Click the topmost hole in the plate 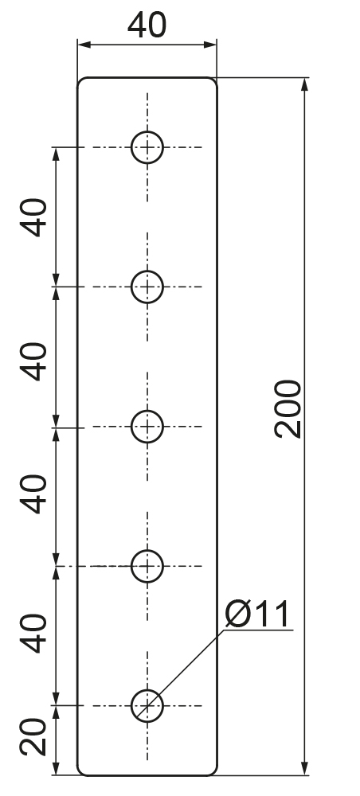pyautogui.click(x=147, y=131)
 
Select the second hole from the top pyautogui.click(x=147, y=271)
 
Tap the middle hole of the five pyautogui.click(x=147, y=411)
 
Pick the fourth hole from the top pyautogui.click(x=147, y=550)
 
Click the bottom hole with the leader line pyautogui.click(x=147, y=690)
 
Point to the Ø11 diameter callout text pyautogui.click(x=257, y=614)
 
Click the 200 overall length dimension pyautogui.click(x=288, y=409)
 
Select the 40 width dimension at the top pyautogui.click(x=147, y=25)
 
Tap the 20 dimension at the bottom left pyautogui.click(x=33, y=737)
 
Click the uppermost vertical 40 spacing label pyautogui.click(x=33, y=217)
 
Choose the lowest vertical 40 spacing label pyautogui.click(x=33, y=634)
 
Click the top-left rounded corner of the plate pyautogui.click(x=80, y=80)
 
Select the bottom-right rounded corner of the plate pyautogui.click(x=214, y=773)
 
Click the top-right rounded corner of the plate pyautogui.click(x=214, y=80)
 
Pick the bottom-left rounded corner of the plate pyautogui.click(x=80, y=773)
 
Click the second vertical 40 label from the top pyautogui.click(x=33, y=361)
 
